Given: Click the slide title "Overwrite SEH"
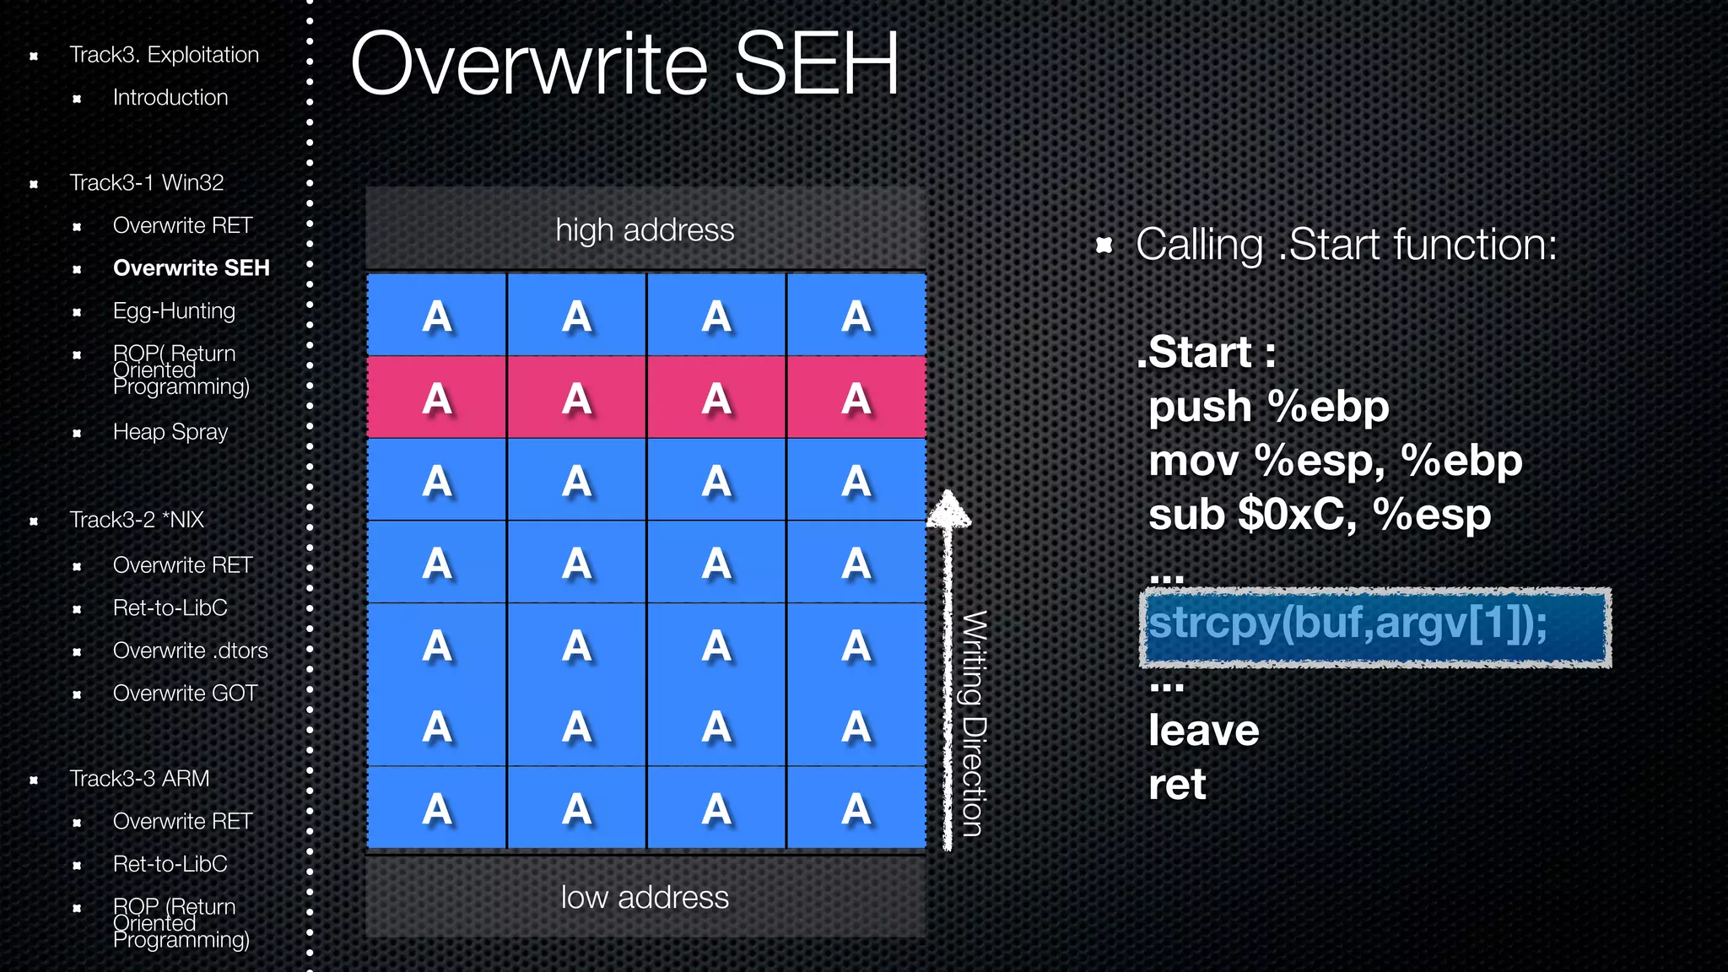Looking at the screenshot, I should pos(624,64).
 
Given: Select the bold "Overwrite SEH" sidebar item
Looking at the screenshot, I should pos(191,268).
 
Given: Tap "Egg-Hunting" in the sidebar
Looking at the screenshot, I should pos(174,311).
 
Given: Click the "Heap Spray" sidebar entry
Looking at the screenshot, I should pos(170,432).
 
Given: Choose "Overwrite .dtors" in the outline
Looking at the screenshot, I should pos(190,651).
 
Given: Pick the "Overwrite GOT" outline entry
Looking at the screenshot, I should pos(185,694).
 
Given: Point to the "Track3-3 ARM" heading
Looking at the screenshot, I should pos(139,779).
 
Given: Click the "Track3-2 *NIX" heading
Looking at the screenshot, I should pos(137,520).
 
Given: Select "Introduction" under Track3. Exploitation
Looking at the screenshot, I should pos(170,98).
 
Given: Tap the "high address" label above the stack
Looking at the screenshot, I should pos(645,230).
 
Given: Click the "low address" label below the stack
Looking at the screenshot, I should pos(645,898).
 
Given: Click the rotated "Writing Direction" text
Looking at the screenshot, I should pos(974,724).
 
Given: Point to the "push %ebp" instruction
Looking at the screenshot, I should pos(1268,407).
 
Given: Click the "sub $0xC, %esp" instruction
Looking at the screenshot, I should pos(1320,515).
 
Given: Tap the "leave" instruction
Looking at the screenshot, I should pos(1203,731).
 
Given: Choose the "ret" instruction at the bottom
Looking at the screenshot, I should pos(1177,785).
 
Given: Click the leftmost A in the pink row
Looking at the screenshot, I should pos(437,398).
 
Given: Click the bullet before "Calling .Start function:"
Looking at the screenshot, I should pos(1104,246).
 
